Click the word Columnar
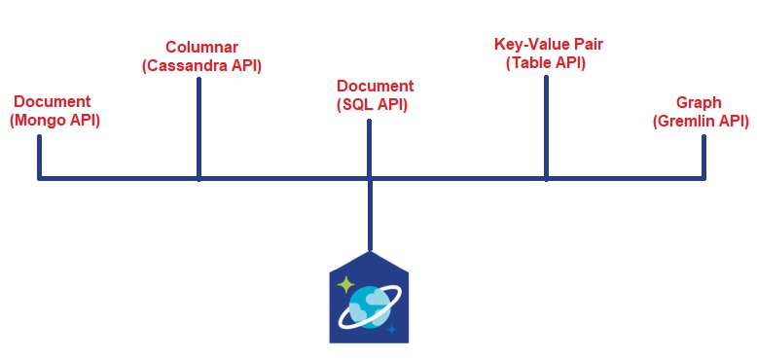[x=200, y=48]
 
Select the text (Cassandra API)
[x=201, y=65]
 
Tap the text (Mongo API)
[x=54, y=121]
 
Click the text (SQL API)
[x=375, y=104]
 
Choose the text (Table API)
[x=546, y=63]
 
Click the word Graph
[x=700, y=103]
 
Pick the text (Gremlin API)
[x=701, y=122]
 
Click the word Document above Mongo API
[x=53, y=102]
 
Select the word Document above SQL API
[x=375, y=86]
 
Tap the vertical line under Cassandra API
[x=198, y=126]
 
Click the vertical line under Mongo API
[x=39, y=156]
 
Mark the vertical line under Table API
[x=546, y=126]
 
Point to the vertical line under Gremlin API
[x=703, y=156]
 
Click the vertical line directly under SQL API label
[x=370, y=146]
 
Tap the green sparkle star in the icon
[x=344, y=284]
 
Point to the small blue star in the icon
[x=392, y=330]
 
